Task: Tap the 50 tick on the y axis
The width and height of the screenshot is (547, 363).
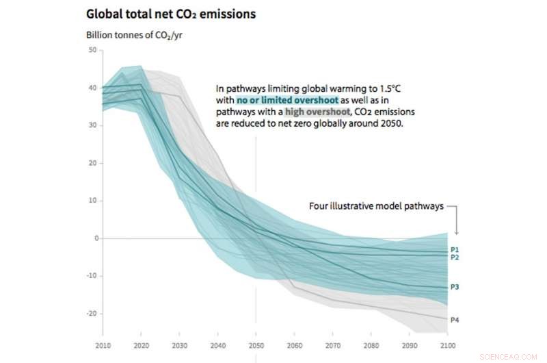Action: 92,51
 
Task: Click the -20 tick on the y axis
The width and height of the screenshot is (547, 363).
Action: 91,313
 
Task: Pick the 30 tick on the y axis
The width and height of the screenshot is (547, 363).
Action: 92,125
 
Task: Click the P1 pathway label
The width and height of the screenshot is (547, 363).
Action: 455,249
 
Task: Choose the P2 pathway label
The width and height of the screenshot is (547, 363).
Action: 455,258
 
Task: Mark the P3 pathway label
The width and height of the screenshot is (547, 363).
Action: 455,287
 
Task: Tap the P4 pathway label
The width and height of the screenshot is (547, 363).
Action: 455,319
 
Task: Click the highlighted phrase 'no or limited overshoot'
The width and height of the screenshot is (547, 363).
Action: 287,100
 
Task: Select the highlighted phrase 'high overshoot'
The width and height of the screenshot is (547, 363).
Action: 308,112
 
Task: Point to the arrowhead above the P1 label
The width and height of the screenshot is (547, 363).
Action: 456,234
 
